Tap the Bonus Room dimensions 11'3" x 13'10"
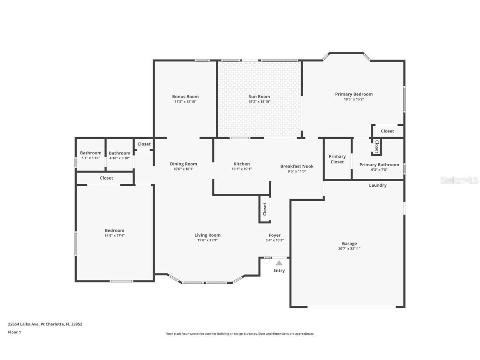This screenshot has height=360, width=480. click(185, 102)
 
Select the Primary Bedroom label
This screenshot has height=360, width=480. click(354, 94)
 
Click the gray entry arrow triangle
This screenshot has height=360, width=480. click(279, 262)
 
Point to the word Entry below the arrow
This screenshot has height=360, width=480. click(279, 270)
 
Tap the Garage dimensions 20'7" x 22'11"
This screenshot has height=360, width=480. click(349, 249)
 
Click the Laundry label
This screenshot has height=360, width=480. click(377, 185)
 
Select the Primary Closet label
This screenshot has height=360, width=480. click(337, 159)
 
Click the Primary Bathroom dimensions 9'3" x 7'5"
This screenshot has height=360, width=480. click(379, 170)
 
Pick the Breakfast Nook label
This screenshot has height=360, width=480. click(297, 166)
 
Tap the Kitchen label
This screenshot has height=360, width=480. click(242, 164)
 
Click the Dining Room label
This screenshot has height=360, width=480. click(183, 164)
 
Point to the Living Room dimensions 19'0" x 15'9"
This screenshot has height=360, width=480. click(207, 240)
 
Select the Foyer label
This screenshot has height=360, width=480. click(275, 235)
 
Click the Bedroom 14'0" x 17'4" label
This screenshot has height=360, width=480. click(115, 230)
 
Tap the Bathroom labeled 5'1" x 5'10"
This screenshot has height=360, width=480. click(90, 153)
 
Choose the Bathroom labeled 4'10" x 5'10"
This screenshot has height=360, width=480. click(120, 153)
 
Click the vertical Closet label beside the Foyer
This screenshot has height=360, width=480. click(265, 209)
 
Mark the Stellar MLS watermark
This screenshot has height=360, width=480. click(460, 180)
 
